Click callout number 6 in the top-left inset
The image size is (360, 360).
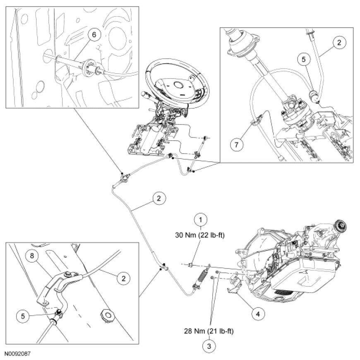94,35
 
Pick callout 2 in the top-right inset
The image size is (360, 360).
339,43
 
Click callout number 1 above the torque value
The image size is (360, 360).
201,219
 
